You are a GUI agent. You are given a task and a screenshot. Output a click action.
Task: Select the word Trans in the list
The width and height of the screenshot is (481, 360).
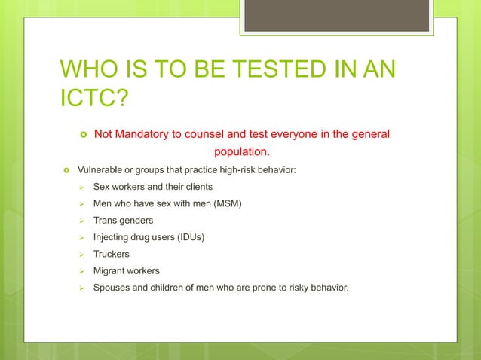[106, 221]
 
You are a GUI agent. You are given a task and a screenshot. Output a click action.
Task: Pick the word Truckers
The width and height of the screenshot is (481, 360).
[111, 255]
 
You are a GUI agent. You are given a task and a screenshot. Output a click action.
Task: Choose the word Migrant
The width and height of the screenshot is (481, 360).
[109, 271]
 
